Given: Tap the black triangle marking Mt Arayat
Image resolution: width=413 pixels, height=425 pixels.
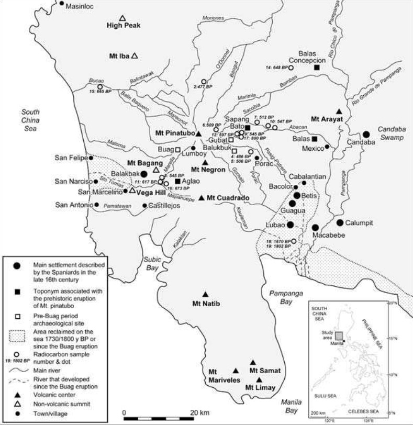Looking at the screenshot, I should tap(339, 111).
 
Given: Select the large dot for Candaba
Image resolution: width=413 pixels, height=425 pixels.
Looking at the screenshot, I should tap(366, 135).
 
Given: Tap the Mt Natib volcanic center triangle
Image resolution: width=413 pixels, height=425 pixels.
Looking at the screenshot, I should tap(205, 295).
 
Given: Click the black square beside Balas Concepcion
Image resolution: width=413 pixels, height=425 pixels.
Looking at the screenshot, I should tap(317, 67).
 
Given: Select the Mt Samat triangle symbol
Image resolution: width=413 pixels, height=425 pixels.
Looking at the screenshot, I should tap(253, 362).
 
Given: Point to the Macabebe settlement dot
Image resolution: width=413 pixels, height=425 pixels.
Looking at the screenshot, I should tap(316, 227).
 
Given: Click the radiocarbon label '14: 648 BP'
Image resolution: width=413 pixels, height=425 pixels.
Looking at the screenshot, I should tap(277, 68).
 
